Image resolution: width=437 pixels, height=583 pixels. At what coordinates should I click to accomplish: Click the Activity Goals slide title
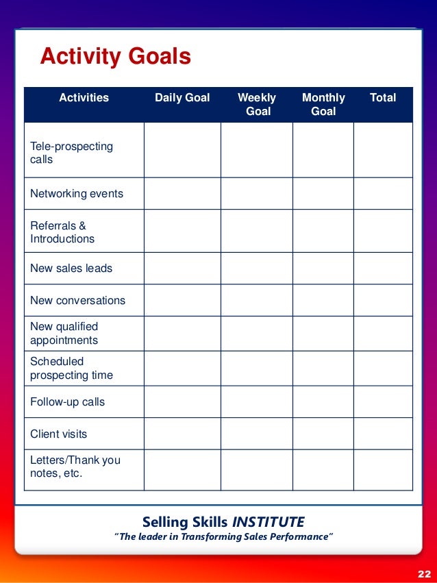pos(115,56)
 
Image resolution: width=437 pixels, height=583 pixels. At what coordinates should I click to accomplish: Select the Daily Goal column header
pos(182,98)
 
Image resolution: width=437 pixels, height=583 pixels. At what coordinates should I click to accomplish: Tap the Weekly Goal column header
pos(257,104)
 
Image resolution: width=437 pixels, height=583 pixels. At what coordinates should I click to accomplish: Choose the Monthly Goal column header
pos(323,104)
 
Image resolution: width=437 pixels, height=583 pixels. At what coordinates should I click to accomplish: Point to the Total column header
pos(383,98)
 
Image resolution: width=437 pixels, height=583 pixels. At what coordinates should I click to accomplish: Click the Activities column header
pos(84,98)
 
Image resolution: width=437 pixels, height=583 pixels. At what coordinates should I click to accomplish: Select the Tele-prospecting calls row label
pos(71,153)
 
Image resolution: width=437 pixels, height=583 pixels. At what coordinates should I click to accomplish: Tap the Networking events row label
pos(77,194)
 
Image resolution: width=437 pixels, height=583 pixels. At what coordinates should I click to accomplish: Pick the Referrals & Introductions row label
pos(62,232)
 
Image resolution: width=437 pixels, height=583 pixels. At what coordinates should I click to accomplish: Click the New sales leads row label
pos(71,269)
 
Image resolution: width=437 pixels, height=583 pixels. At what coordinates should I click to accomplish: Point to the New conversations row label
pos(77,301)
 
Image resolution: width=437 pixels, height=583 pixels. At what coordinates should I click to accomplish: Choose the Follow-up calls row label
pos(67,402)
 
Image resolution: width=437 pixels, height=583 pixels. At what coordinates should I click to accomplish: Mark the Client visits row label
pos(58,434)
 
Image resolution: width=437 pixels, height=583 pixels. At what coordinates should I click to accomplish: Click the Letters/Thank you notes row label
pos(75,467)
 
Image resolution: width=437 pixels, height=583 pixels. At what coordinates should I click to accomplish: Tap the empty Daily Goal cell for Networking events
pos(182,194)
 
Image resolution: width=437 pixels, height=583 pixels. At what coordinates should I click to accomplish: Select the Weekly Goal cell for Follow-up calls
pos(257,402)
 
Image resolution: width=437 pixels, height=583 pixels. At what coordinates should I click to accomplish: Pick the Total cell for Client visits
pos(383,434)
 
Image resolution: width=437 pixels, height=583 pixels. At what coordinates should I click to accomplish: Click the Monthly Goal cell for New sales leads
pos(323,269)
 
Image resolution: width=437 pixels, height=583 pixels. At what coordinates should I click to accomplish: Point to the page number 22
pos(423,573)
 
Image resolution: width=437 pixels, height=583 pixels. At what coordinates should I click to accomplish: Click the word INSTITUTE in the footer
pos(268,522)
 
